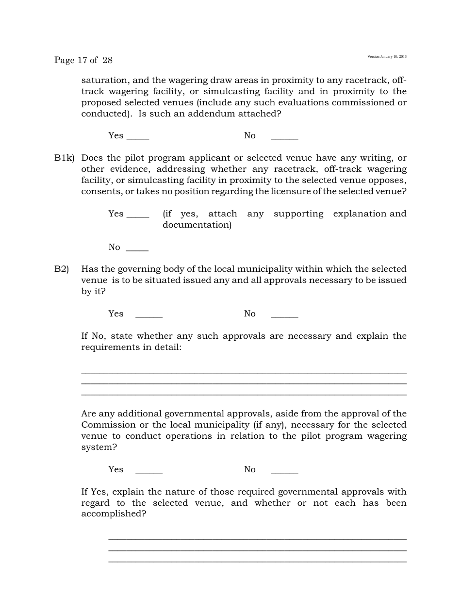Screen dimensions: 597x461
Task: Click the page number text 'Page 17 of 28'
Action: [x=83, y=60]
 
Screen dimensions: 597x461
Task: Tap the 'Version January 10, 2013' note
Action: [x=387, y=57]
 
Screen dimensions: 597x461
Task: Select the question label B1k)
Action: [x=64, y=158]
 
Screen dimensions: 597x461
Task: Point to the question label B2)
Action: [x=62, y=269]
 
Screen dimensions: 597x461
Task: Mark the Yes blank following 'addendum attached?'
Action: [x=137, y=137]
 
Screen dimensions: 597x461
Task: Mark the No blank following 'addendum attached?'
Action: [x=284, y=137]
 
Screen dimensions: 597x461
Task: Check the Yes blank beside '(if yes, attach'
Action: [x=137, y=215]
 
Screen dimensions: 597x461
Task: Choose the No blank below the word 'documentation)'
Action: [x=137, y=249]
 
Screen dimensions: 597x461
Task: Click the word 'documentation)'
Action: [x=197, y=225]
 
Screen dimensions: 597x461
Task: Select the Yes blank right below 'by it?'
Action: [x=148, y=315]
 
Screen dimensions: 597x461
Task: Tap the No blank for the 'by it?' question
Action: [x=284, y=315]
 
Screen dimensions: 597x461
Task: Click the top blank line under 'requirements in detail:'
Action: [x=244, y=373]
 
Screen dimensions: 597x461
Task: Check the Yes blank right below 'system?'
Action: [x=148, y=471]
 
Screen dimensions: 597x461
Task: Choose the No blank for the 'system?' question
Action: [x=284, y=471]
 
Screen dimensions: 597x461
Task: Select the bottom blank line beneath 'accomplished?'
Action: [x=257, y=562]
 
